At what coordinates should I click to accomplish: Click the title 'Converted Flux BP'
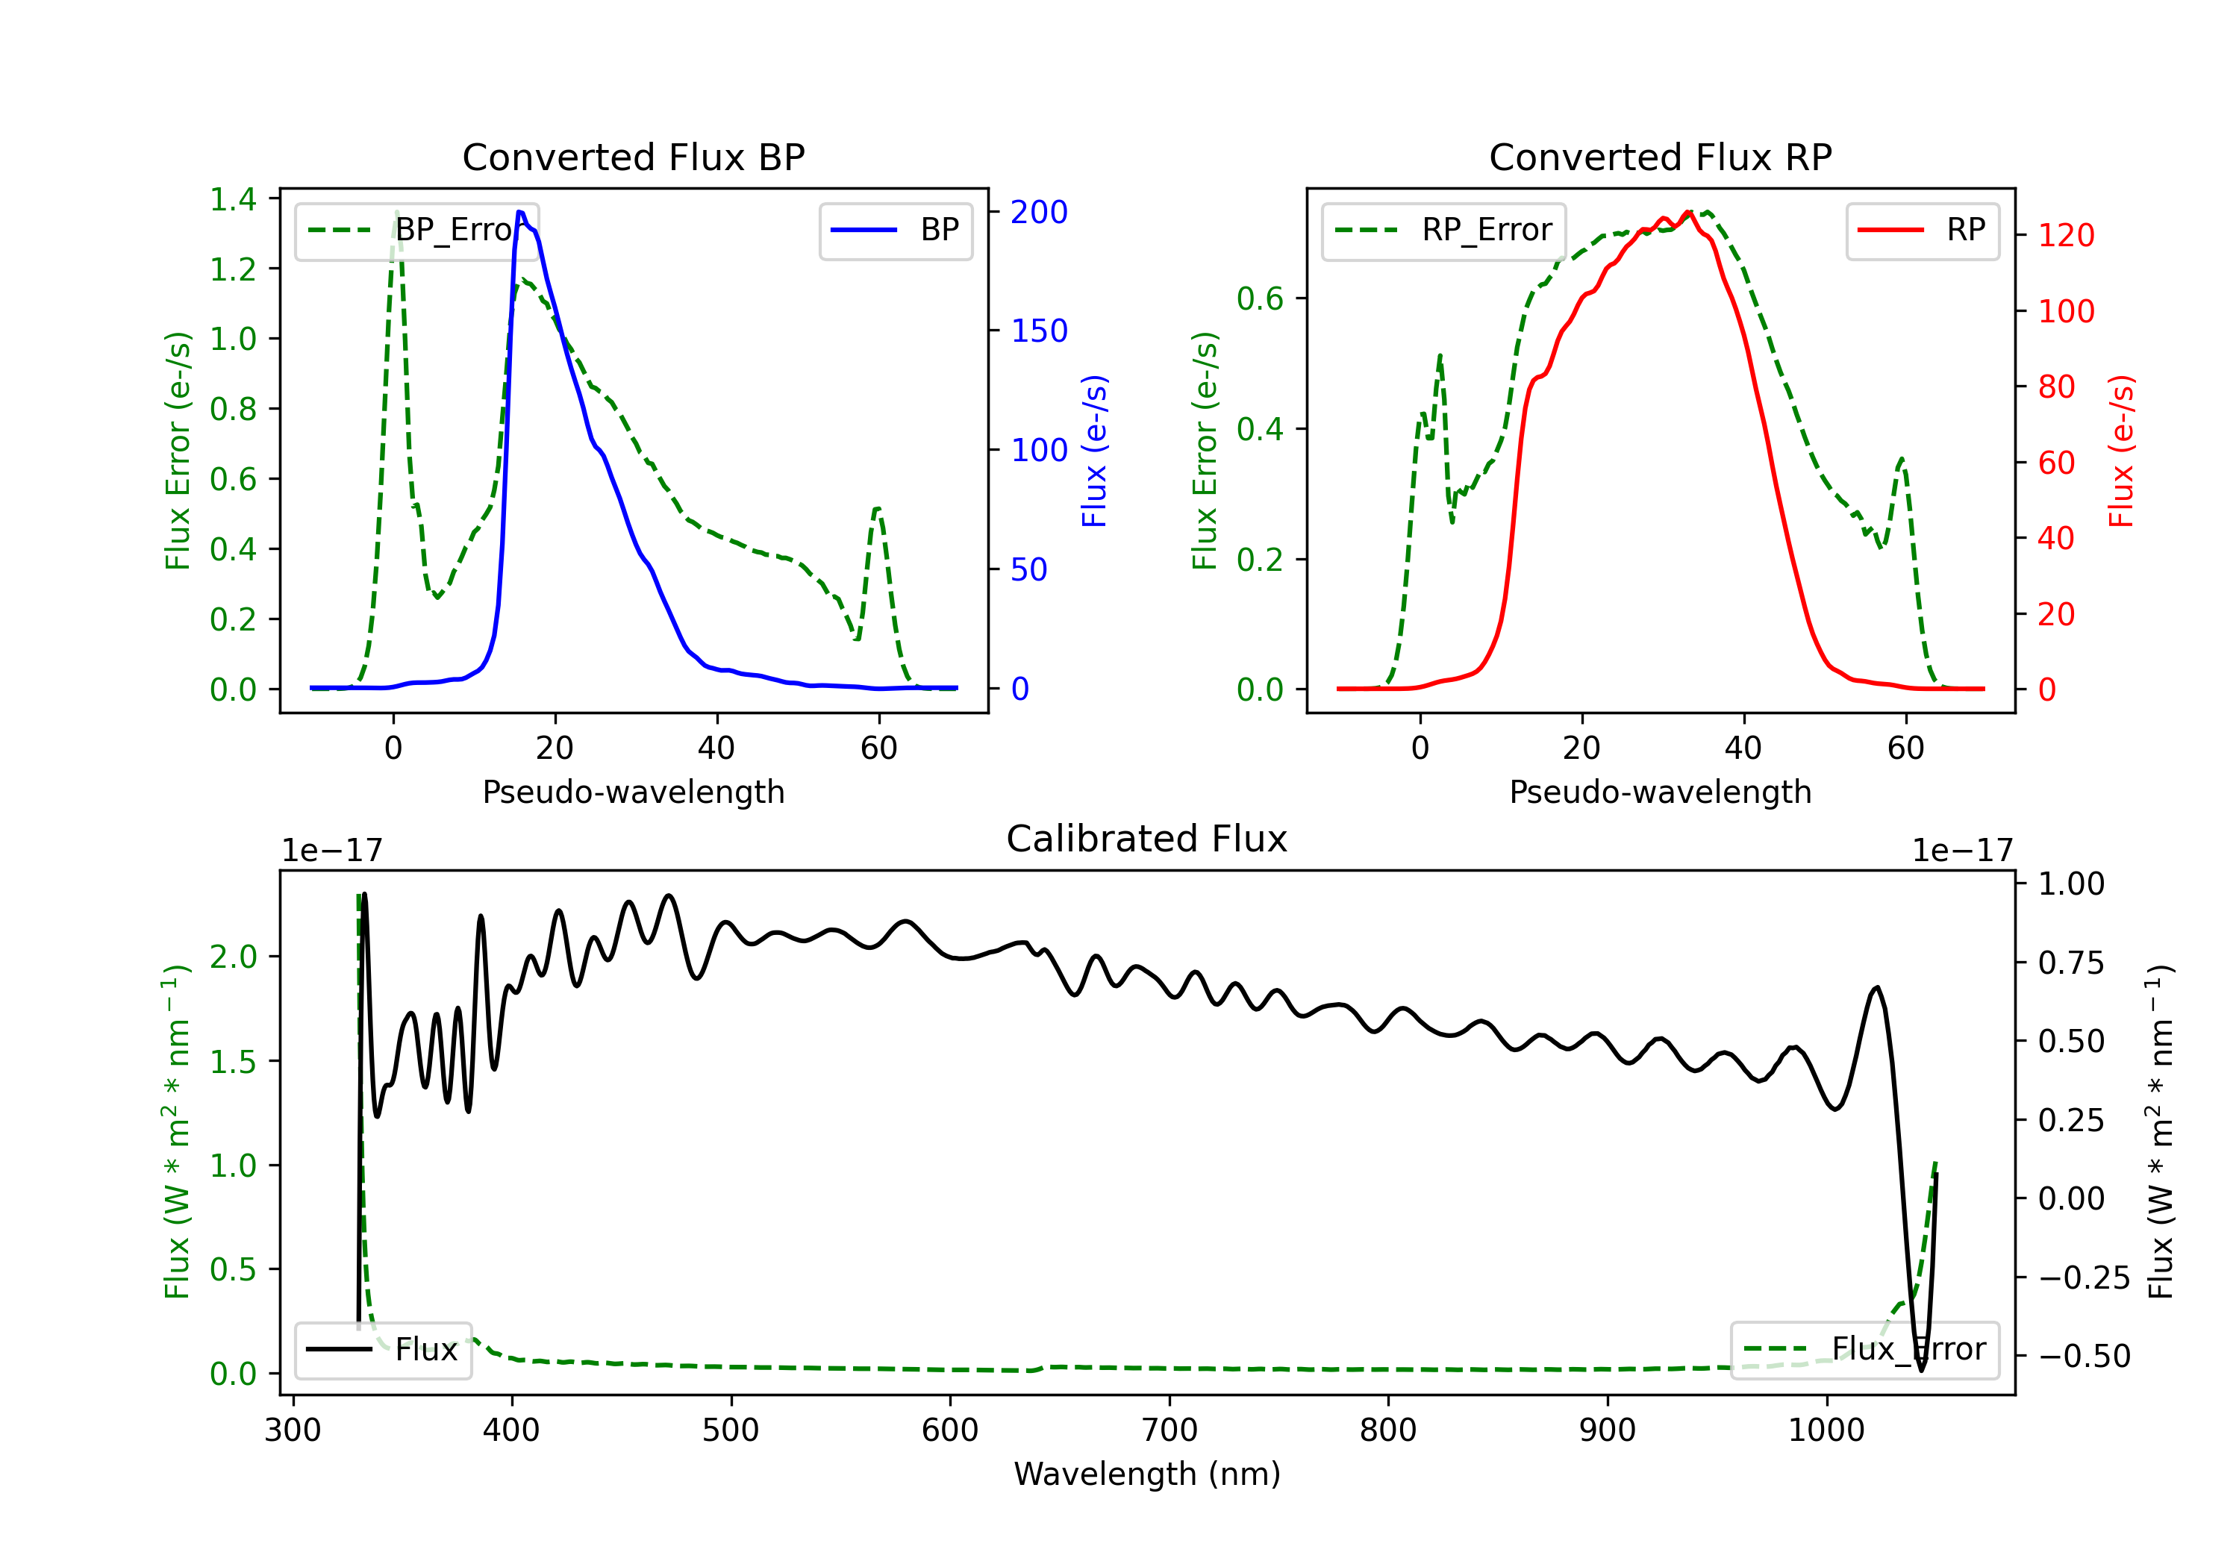pos(633,157)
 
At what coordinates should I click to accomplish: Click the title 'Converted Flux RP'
pos(1660,157)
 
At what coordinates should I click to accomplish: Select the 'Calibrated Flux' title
pos(1147,839)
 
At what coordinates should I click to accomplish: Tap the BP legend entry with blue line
pos(895,230)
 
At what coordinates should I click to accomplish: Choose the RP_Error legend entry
pos(1443,230)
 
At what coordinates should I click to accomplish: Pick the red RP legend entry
pos(1922,230)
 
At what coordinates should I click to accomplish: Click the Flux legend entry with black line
pos(382,1350)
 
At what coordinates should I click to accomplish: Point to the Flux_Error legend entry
pos(1864,1350)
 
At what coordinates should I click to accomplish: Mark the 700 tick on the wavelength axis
pos(1170,1430)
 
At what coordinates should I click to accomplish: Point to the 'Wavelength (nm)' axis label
pos(1147,1474)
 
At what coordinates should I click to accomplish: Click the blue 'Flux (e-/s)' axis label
pos(1095,451)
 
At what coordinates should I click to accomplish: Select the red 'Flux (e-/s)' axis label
pos(2122,451)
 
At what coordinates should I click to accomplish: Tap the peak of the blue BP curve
pos(519,212)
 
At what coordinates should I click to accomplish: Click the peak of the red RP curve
pos(1688,212)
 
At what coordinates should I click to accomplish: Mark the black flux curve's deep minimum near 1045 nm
pos(1921,1370)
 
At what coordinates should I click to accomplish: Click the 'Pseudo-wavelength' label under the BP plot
pos(633,792)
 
